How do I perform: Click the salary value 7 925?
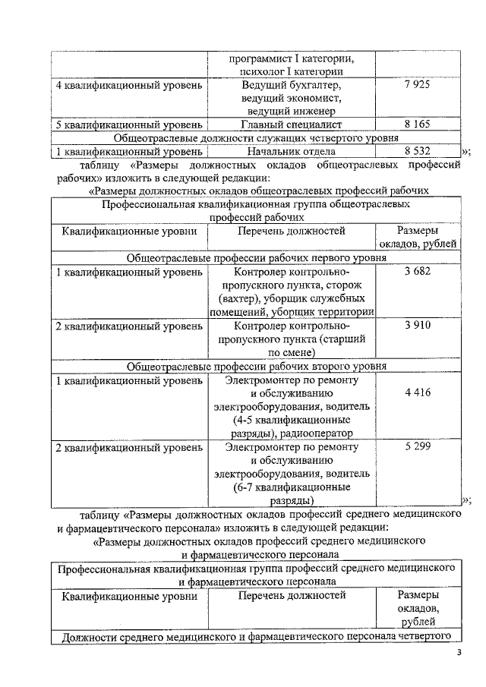[417, 84]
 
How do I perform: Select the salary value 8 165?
[417, 124]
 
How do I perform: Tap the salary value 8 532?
[417, 151]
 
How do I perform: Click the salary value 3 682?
[418, 272]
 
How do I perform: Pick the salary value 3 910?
[418, 325]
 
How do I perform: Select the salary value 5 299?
[418, 446]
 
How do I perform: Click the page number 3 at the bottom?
[458, 654]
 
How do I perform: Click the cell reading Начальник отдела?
[292, 151]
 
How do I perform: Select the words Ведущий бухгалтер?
[292, 84]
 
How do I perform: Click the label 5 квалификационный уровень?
[129, 124]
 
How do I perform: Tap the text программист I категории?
[292, 58]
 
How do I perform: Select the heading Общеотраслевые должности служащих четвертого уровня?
[255, 137]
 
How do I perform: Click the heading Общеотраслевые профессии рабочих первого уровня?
[255, 258]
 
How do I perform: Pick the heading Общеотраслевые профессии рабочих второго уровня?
[255, 366]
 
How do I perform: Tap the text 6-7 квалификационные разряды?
[292, 494]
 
